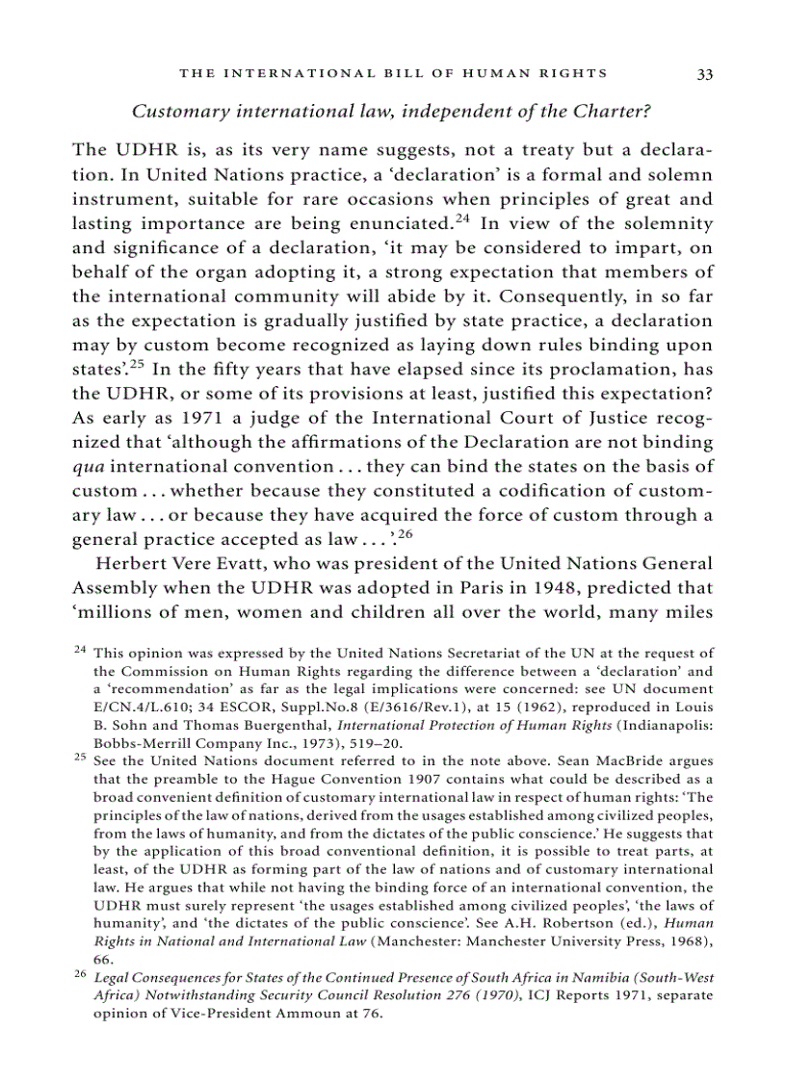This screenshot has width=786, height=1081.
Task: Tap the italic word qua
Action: click(88, 468)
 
